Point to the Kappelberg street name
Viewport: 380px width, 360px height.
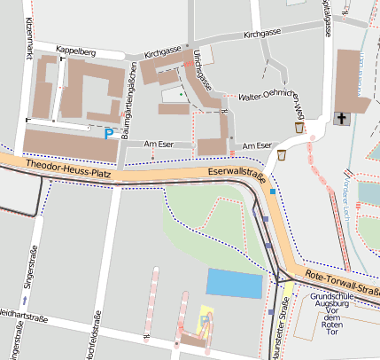75,50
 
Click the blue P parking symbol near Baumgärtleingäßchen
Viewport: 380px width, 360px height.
109,134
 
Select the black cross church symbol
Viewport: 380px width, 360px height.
341,119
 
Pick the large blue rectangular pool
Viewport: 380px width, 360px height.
235,284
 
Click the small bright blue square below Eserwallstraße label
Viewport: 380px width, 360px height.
274,192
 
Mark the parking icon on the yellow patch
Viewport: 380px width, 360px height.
206,320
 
